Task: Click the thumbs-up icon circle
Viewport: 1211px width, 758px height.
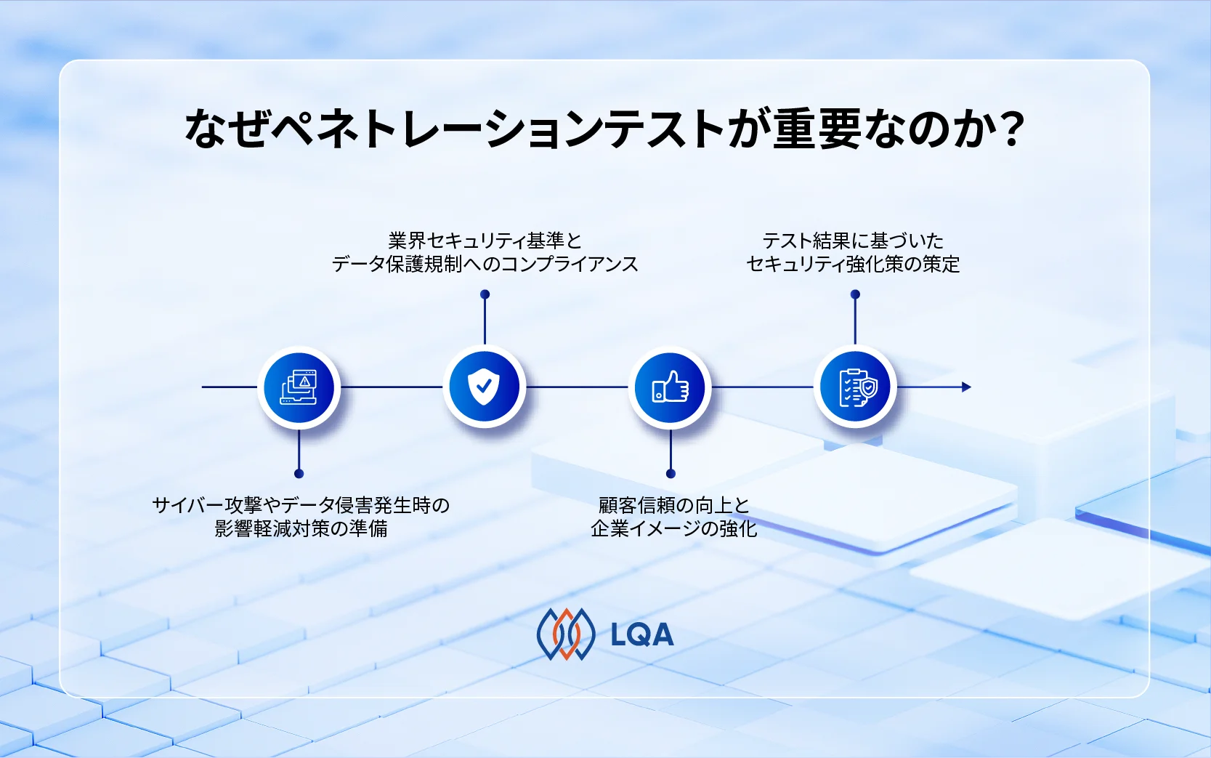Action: [670, 387]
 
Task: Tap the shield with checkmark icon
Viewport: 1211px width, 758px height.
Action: [484, 387]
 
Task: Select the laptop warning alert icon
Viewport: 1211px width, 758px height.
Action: [299, 387]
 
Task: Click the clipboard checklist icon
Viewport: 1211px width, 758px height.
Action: [856, 387]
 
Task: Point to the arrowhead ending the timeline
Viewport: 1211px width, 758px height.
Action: [966, 387]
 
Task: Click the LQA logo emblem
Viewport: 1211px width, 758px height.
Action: [565, 634]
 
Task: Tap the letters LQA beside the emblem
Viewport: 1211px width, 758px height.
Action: [642, 635]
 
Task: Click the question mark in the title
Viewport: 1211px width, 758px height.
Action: [1008, 129]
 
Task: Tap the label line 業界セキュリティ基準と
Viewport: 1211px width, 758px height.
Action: [485, 241]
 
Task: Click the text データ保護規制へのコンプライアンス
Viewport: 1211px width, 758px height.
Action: [485, 264]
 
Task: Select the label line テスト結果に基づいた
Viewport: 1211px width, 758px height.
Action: [853, 241]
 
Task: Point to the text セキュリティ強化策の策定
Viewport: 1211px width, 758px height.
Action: [853, 264]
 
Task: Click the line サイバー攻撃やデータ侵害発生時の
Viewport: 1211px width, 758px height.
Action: [301, 505]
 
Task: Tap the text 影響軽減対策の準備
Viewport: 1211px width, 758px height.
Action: [301, 528]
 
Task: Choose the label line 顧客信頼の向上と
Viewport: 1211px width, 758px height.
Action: [673, 505]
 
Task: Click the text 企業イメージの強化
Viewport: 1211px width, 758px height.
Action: [673, 528]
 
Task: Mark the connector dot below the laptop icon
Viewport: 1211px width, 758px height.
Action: [299, 474]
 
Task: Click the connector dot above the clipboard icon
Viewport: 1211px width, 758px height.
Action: [855, 294]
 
